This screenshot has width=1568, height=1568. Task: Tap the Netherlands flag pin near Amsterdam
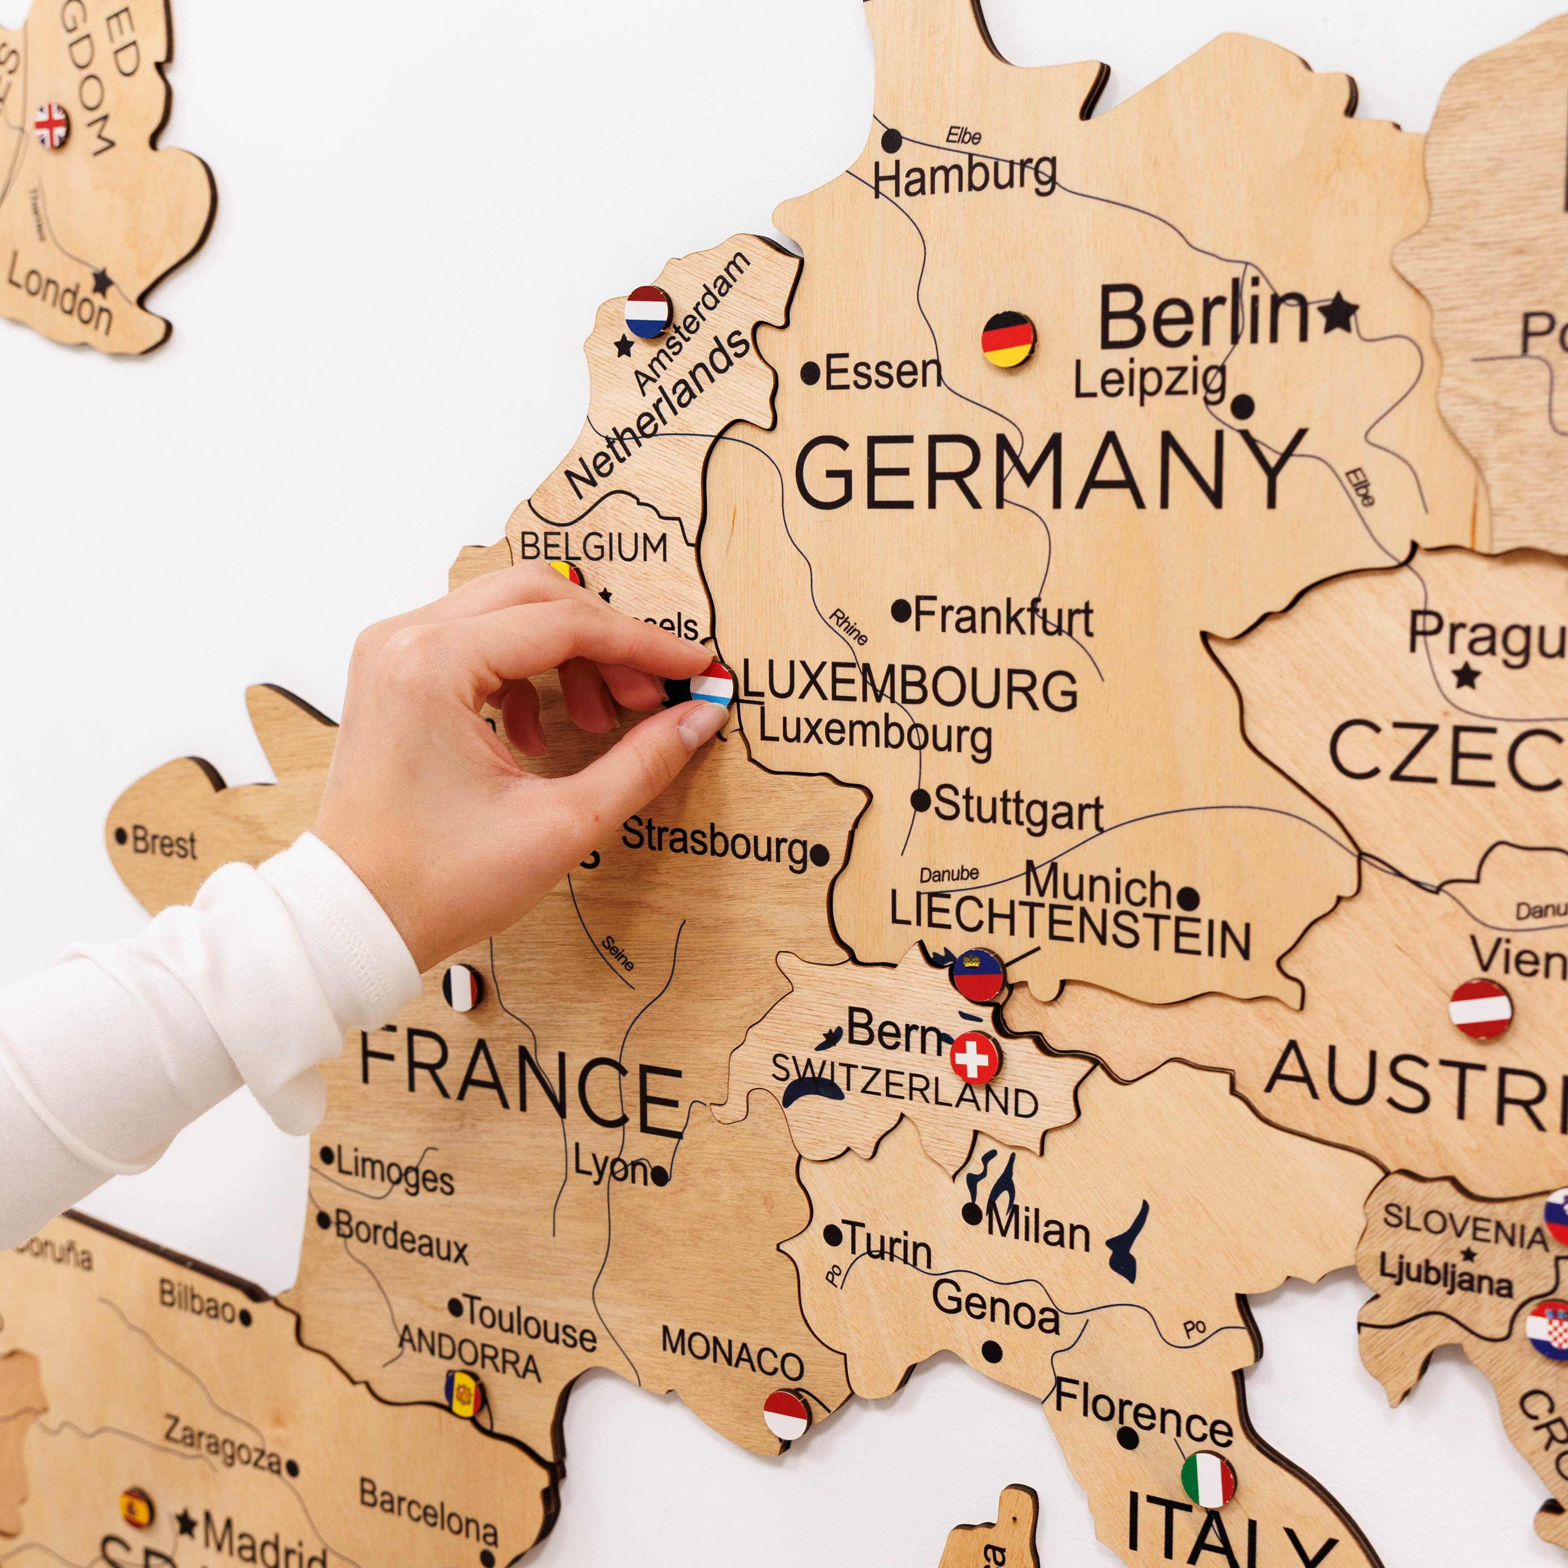pos(647,311)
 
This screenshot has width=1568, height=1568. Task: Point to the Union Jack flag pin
pos(50,126)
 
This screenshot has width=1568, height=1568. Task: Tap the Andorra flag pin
pos(464,1393)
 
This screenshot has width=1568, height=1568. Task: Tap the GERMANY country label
pos(1047,471)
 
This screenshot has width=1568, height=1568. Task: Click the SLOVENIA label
pos(1465,1226)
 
